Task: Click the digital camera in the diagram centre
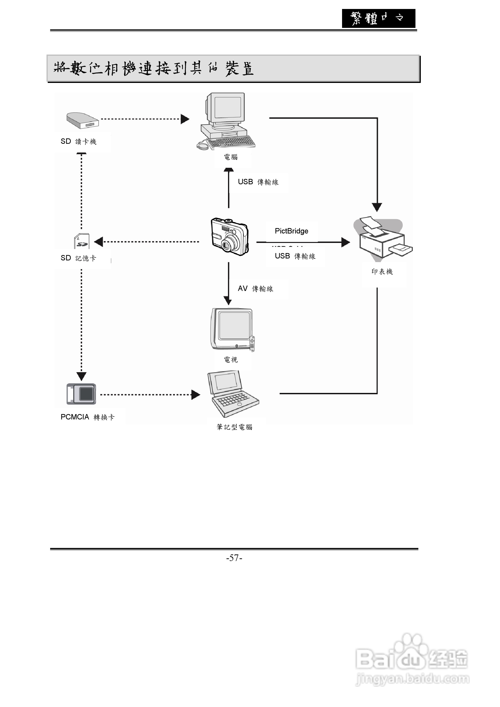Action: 229,237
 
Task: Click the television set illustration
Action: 233,330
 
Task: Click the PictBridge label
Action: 291,231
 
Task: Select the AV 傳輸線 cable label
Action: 256,289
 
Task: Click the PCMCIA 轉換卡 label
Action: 87,417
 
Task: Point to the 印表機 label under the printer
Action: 382,272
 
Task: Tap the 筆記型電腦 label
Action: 234,427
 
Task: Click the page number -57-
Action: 234,558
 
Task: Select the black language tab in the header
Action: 378,18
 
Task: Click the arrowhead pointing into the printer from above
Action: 377,207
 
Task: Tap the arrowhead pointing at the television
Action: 228,300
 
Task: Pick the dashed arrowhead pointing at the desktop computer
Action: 185,119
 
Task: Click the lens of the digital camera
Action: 228,245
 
